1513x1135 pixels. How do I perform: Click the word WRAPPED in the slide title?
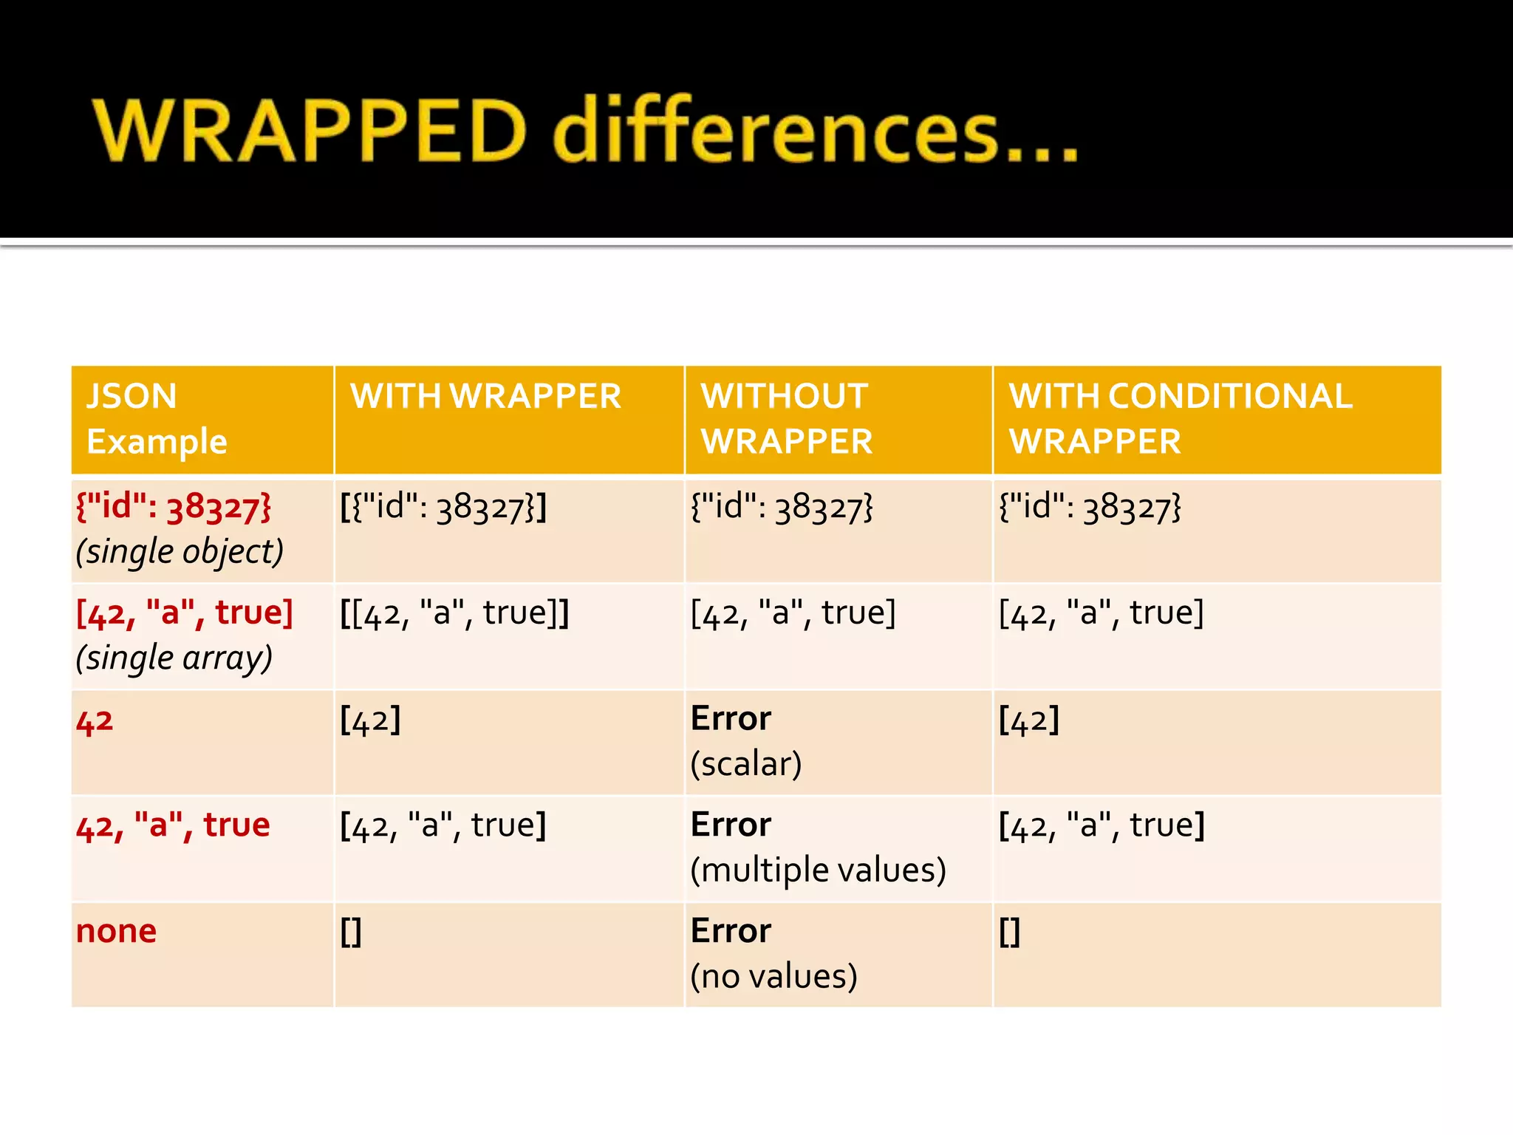(309, 131)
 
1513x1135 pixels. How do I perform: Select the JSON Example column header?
(157, 418)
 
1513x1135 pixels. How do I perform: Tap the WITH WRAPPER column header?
(485, 397)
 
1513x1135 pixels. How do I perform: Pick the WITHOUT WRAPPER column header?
(786, 418)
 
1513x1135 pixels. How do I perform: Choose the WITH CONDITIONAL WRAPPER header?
(1181, 418)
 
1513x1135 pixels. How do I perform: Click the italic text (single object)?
(180, 552)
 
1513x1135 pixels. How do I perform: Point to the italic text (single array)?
(174, 658)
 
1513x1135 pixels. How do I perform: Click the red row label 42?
(95, 720)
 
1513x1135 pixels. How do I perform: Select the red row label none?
(116, 931)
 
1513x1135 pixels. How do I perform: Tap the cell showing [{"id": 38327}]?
(443, 508)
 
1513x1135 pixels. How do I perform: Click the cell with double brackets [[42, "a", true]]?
(454, 613)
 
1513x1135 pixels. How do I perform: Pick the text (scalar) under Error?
(746, 764)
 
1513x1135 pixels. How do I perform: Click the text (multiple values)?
(818, 870)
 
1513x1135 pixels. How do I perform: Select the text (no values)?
(773, 976)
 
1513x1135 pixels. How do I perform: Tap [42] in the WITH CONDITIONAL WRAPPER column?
(1029, 720)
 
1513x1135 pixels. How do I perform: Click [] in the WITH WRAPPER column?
(351, 932)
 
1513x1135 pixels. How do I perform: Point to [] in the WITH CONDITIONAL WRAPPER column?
(1009, 932)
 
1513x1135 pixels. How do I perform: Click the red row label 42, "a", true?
(173, 825)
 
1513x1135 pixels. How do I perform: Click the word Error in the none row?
(731, 931)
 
